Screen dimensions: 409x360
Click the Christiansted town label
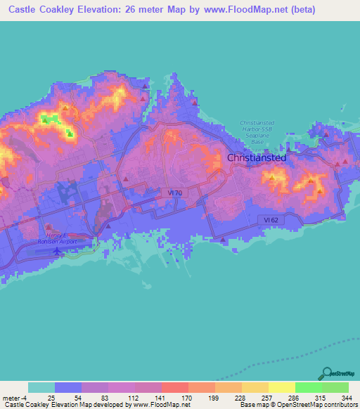pos(257,158)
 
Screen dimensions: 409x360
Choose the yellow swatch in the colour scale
pos(282,387)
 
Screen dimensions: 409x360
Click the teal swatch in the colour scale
pos(41,387)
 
